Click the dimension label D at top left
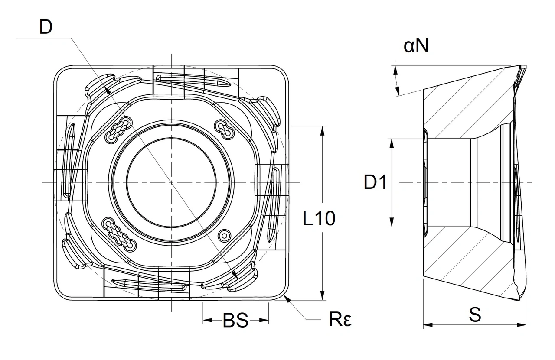coord(46,27)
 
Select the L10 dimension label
coord(319,219)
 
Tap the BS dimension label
coord(235,321)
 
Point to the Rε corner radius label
coord(340,320)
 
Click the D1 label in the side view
coord(375,183)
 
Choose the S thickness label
coord(475,315)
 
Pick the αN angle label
coord(416,45)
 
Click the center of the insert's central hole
coord(171,183)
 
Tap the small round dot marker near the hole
coord(224,235)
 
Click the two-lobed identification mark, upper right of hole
coord(225,128)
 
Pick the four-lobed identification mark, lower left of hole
coord(118,234)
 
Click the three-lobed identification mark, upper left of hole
coord(118,129)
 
